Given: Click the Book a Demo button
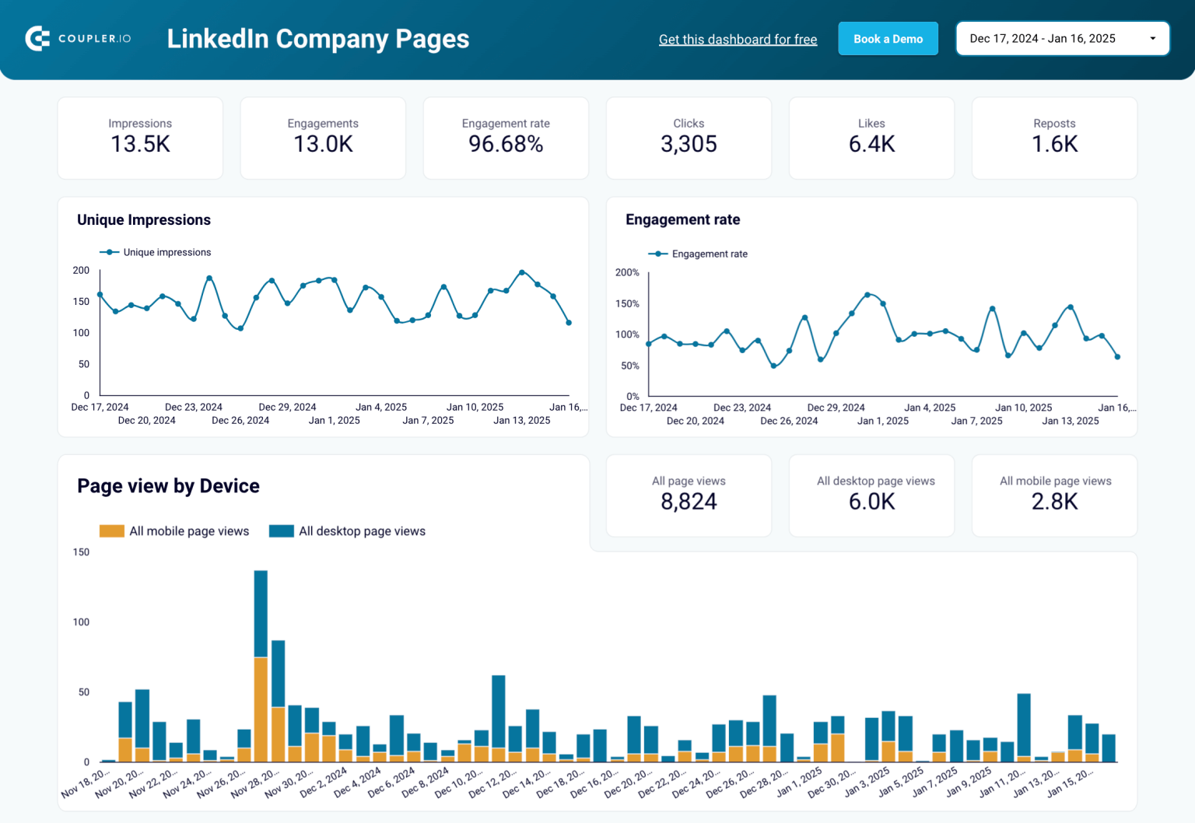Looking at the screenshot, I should click(888, 39).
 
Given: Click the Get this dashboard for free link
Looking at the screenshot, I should click(738, 40).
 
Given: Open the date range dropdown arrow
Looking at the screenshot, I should click(1152, 39).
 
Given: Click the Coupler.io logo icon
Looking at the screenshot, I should click(37, 38).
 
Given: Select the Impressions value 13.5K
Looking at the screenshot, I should click(140, 144).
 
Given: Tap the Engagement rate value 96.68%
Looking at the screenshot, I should click(506, 144).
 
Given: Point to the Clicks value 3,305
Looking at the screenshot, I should click(689, 144).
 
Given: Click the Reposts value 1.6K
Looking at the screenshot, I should click(1054, 144).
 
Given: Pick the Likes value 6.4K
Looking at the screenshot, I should click(871, 144).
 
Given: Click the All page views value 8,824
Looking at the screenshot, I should click(689, 502).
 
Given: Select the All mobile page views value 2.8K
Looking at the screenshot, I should click(1054, 502).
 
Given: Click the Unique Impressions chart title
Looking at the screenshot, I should click(144, 220).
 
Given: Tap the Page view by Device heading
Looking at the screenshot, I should click(168, 486).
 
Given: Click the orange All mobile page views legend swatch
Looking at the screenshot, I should click(112, 531).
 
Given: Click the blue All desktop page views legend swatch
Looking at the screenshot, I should click(281, 531).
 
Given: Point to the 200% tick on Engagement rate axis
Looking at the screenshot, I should click(627, 272).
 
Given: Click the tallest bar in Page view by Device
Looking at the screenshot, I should click(261, 615).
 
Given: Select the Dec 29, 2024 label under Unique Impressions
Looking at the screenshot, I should click(287, 407).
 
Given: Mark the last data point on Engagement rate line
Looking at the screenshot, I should click(1117, 357).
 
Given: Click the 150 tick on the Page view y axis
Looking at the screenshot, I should click(81, 552).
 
